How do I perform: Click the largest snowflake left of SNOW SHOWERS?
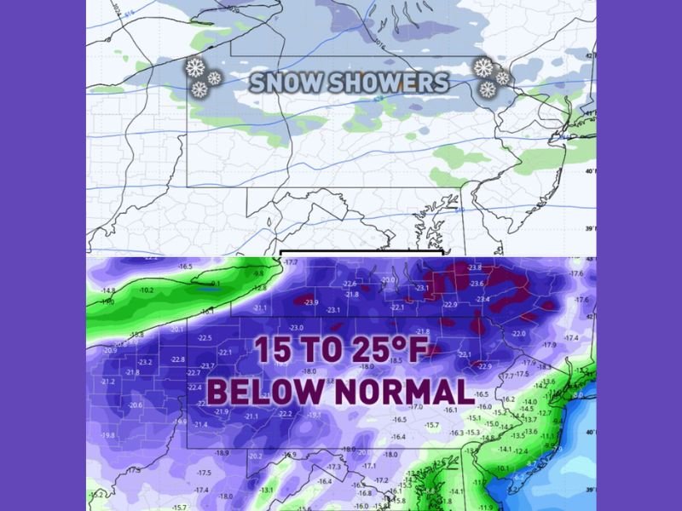tap(195, 68)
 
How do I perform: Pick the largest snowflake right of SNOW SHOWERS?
tap(483, 68)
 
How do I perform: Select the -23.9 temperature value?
tap(310, 302)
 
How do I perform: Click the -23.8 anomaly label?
tap(475, 268)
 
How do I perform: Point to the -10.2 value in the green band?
tap(147, 290)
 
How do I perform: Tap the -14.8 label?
tap(107, 290)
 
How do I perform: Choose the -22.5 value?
tap(205, 337)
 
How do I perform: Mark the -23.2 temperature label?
tap(145, 362)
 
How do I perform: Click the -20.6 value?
tap(136, 405)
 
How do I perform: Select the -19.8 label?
tap(108, 435)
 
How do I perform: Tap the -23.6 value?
tap(477, 284)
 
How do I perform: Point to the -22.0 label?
tap(518, 334)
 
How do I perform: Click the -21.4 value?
tap(201, 424)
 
